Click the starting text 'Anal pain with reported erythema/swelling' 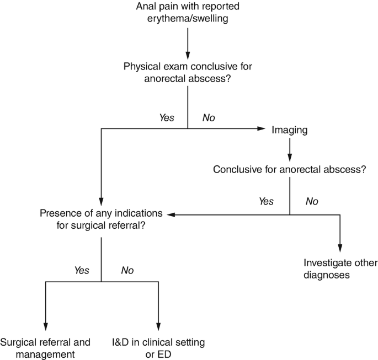click(188, 14)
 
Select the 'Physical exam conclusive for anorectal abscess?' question click(188, 72)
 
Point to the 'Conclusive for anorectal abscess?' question click(290, 169)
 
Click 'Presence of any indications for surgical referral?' click(102, 218)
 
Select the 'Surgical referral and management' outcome click(45, 347)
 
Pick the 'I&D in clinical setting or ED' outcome click(158, 347)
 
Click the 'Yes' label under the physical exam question click(167, 117)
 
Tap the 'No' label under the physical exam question click(209, 117)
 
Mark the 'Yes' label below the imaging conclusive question click(266, 201)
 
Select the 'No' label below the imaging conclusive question click(312, 201)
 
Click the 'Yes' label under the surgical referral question click(82, 271)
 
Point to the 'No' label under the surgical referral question click(127, 271)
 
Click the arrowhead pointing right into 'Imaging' click(261, 130)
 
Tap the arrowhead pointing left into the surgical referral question click(172, 214)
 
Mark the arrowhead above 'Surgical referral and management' click(45, 325)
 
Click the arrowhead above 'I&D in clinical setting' click(158, 325)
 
